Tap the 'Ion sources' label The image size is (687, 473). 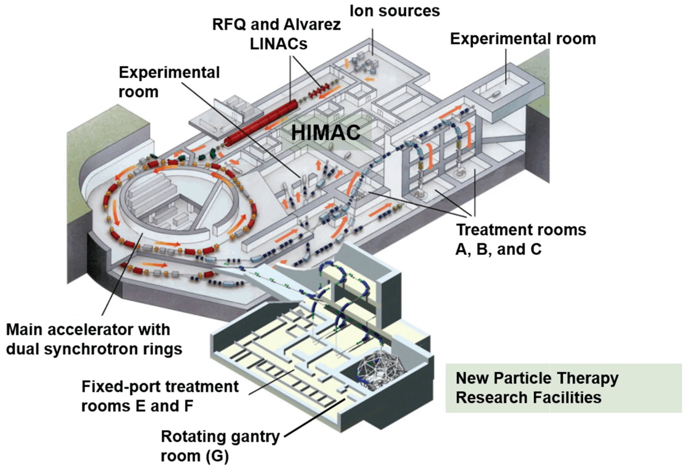click(394, 11)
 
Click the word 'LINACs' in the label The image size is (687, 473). click(278, 44)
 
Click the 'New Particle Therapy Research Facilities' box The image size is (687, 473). click(563, 388)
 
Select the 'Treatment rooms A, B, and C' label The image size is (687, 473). click(521, 240)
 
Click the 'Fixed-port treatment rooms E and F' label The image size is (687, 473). click(160, 396)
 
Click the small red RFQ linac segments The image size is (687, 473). click(319, 91)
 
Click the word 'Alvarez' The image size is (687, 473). click(312, 25)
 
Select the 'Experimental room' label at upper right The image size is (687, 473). click(523, 39)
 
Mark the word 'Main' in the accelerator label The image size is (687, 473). click(24, 330)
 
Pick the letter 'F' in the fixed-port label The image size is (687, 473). click(188, 406)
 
